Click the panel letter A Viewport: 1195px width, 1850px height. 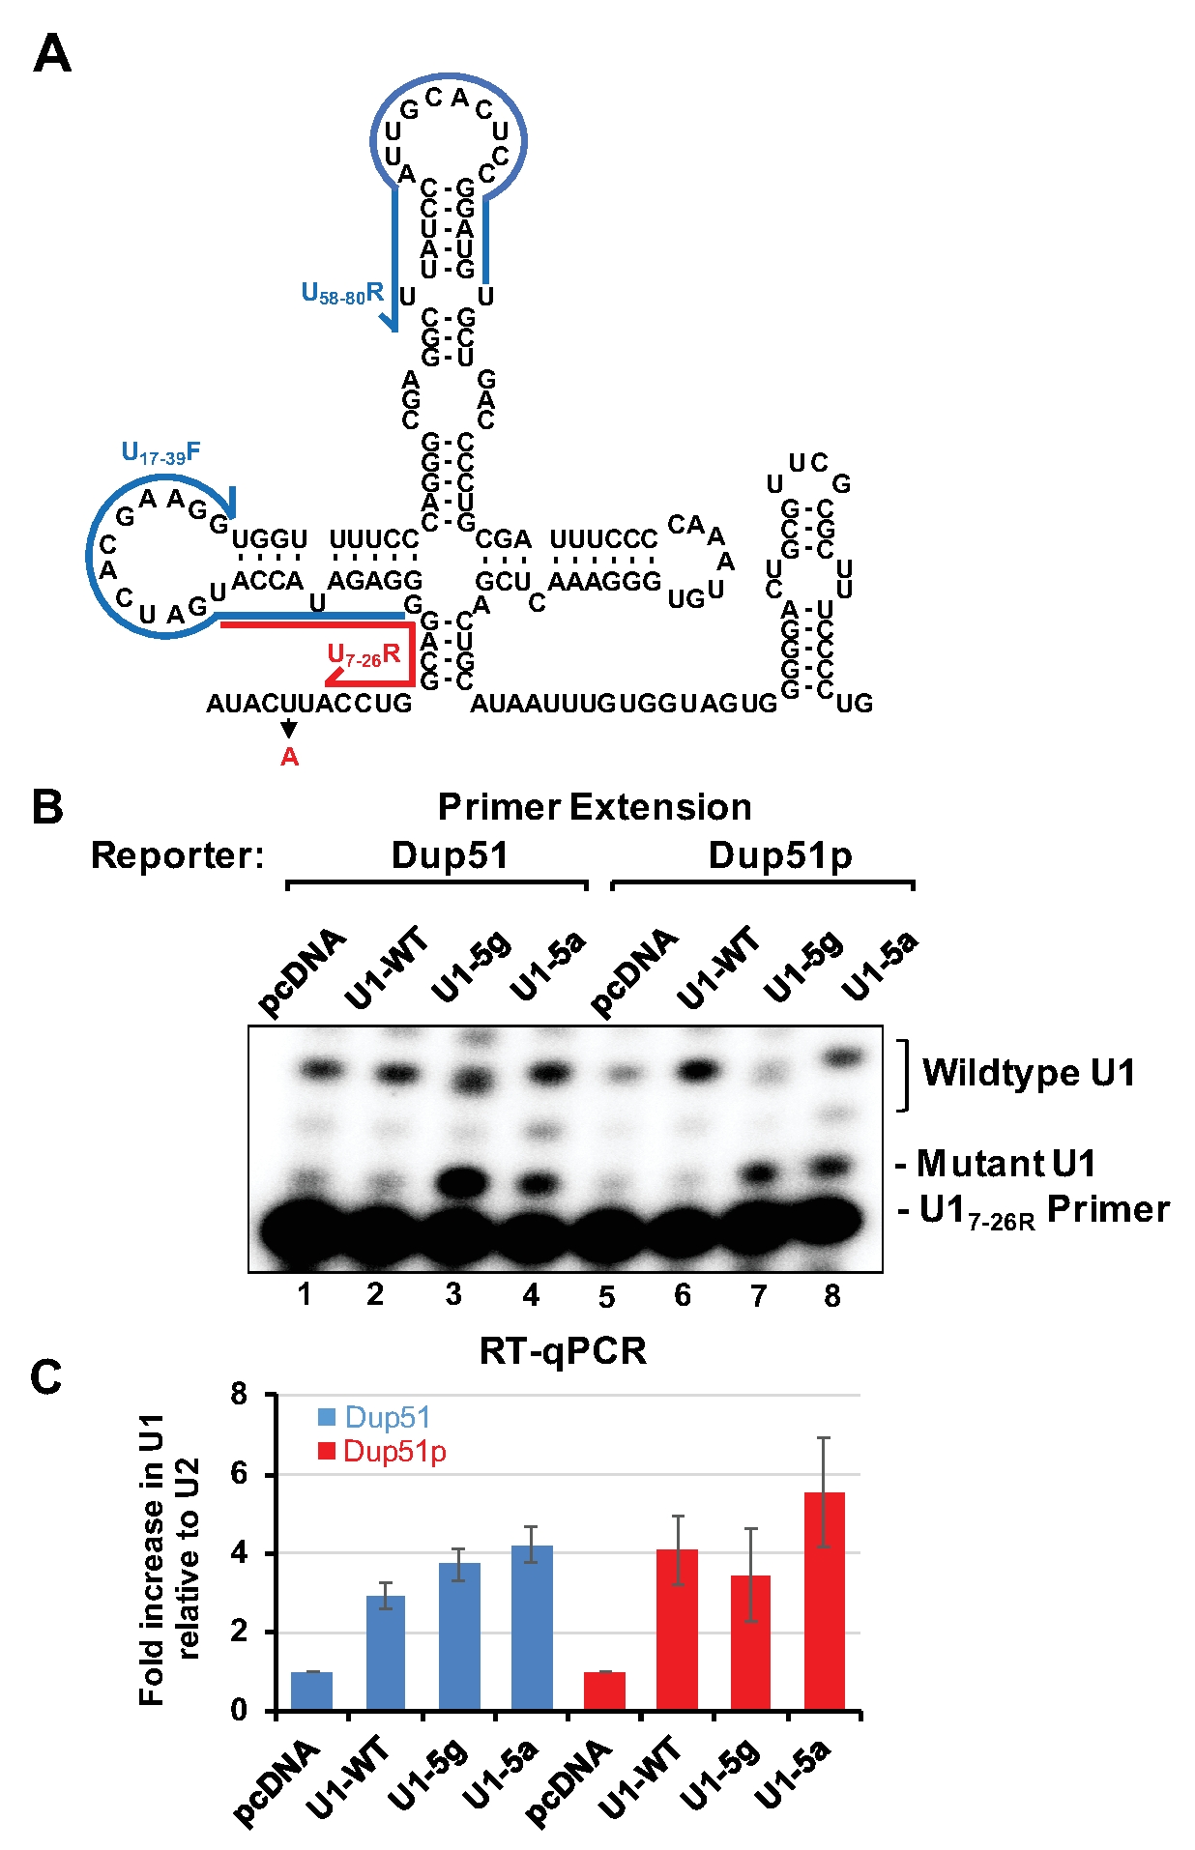[x=52, y=54]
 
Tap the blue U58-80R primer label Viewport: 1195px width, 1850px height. [x=342, y=293]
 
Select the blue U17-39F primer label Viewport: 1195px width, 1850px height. [x=160, y=452]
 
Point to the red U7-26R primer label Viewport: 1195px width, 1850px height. [x=364, y=655]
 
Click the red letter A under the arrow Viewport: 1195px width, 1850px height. [x=289, y=758]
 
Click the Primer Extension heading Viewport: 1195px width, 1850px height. [x=595, y=807]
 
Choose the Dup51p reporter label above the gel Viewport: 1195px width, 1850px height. [x=780, y=855]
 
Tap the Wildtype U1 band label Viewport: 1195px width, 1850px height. [x=1029, y=1073]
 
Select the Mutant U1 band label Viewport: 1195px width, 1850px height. [x=1006, y=1164]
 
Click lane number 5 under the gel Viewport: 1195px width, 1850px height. [x=606, y=1297]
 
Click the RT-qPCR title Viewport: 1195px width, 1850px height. [x=563, y=1351]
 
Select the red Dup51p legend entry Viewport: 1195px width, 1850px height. [x=382, y=1452]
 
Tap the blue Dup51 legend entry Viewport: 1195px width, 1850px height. [x=374, y=1418]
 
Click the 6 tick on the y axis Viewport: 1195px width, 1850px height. [x=239, y=1474]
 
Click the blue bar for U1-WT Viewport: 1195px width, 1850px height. [x=386, y=1653]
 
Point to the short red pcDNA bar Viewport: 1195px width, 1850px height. [x=605, y=1691]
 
